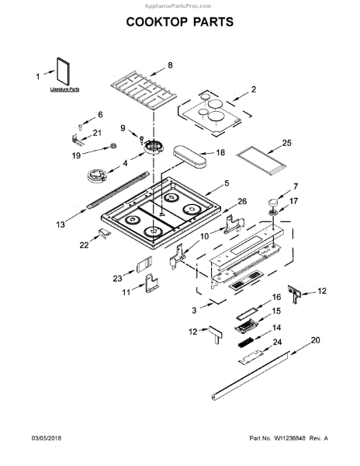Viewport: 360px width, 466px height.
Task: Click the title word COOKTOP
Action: [154, 23]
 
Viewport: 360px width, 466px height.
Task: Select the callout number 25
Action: [286, 144]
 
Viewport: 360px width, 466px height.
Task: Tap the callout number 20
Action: [315, 341]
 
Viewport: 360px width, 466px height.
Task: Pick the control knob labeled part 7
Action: [274, 203]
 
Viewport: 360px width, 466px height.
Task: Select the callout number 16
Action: [276, 297]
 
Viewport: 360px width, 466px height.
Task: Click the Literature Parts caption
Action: [65, 91]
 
